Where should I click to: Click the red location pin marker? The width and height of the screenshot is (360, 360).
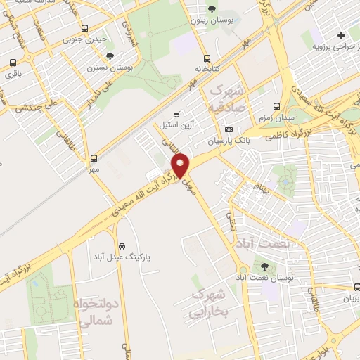(x=181, y=165)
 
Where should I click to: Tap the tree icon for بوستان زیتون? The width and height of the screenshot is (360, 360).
(x=212, y=9)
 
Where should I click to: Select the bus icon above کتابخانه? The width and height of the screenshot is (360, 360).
(x=206, y=59)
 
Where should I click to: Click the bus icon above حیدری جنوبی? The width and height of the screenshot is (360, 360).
(x=85, y=29)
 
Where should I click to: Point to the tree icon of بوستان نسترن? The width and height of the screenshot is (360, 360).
(x=109, y=56)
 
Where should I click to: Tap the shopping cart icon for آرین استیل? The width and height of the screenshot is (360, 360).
(x=176, y=114)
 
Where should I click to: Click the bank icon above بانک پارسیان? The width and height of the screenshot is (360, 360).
(x=229, y=129)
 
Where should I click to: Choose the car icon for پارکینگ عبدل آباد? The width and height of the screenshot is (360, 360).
(x=122, y=247)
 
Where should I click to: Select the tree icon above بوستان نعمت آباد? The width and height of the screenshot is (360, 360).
(x=264, y=266)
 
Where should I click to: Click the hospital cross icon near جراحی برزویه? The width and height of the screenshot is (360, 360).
(x=341, y=35)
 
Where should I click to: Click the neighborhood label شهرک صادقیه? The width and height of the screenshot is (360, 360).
(x=227, y=99)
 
